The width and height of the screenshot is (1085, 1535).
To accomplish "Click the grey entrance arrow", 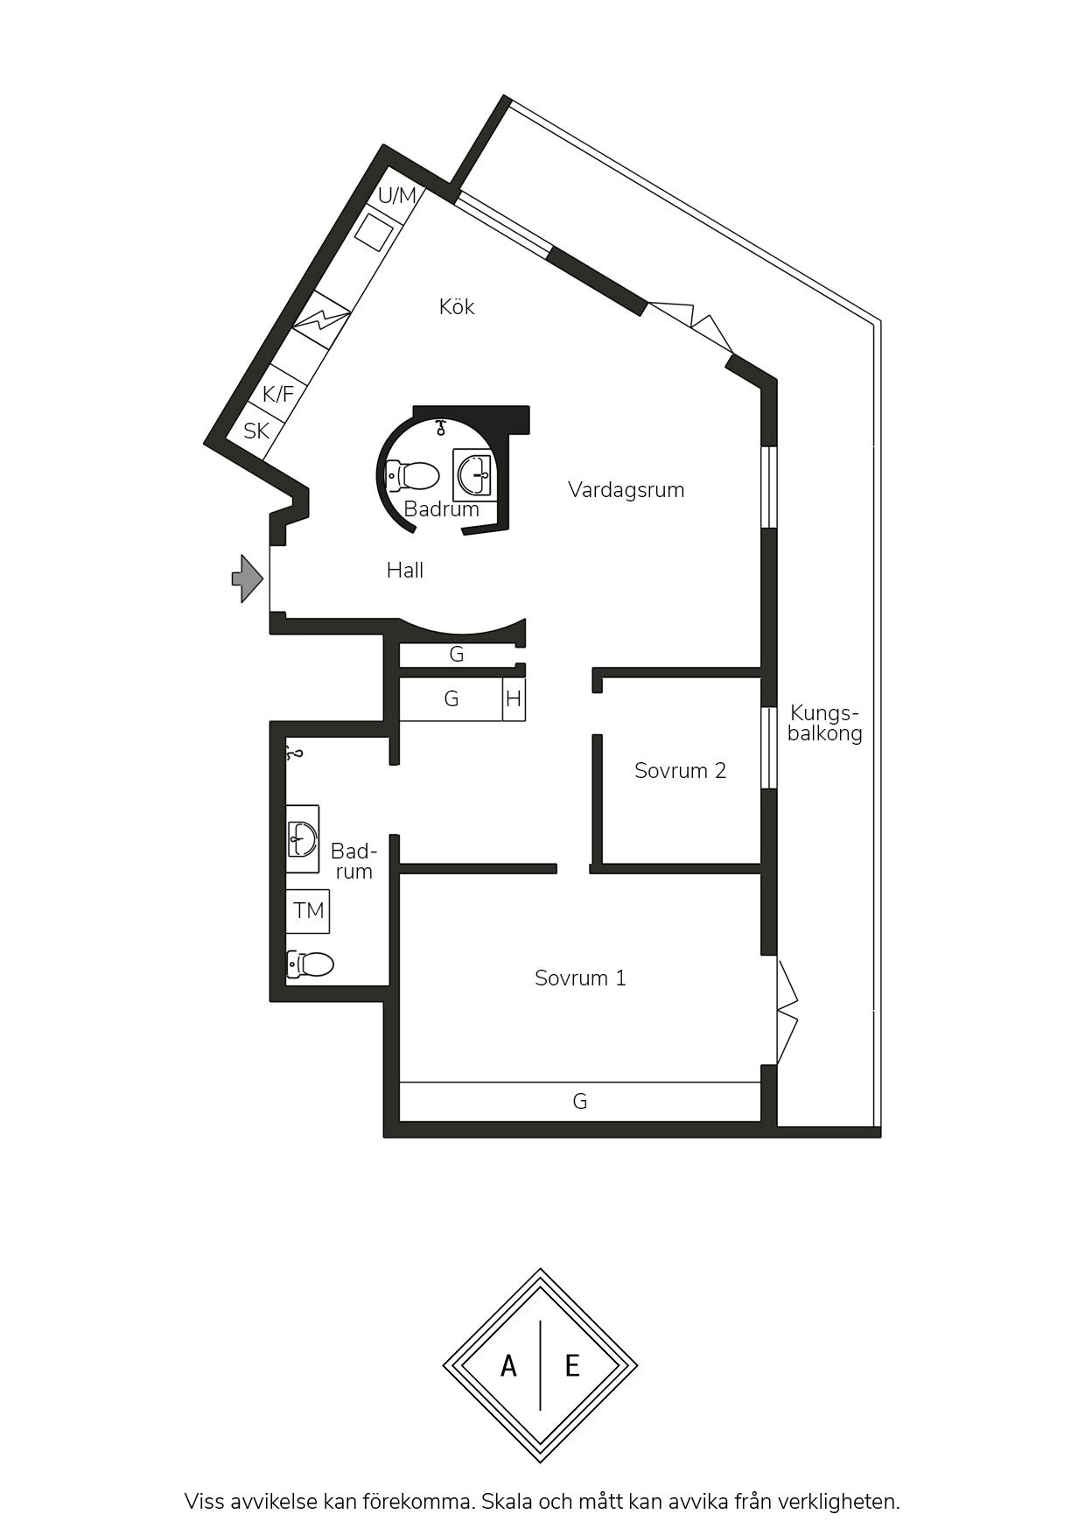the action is click(248, 578).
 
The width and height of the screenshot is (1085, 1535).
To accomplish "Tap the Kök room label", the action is click(457, 306).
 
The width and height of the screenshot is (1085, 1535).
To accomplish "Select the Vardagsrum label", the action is click(626, 489).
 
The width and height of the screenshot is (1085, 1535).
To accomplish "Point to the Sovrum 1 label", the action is click(580, 978).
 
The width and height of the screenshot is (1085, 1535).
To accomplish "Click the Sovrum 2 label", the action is click(680, 770).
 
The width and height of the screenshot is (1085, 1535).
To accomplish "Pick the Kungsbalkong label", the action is click(824, 723).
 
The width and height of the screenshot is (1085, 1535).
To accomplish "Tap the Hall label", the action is click(405, 571).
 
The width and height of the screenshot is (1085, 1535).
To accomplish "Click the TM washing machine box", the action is click(308, 911).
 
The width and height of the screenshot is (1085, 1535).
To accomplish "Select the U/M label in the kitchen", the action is click(397, 195).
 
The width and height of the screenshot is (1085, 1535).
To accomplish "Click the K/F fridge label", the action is click(278, 395).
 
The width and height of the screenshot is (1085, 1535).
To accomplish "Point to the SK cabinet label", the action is click(256, 431).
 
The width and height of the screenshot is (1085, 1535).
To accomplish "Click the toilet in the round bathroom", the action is click(412, 476).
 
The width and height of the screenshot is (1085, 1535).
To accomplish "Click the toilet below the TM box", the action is click(310, 964).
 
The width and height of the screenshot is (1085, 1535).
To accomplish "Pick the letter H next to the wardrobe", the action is click(514, 699).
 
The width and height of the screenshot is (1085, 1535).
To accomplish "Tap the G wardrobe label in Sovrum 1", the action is click(579, 1101).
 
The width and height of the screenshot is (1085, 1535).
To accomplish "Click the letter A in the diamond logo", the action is click(508, 1365).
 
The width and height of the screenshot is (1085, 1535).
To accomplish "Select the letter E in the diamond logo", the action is click(572, 1365).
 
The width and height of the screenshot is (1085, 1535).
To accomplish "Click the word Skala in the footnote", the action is click(507, 1502).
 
